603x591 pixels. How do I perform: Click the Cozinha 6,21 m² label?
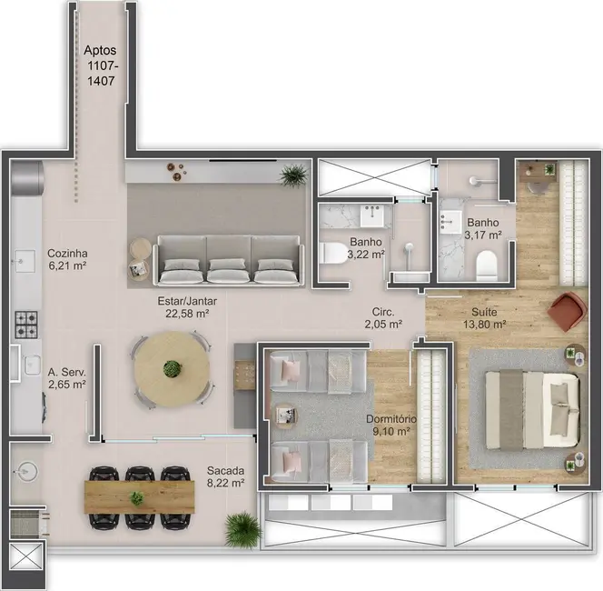point(67,260)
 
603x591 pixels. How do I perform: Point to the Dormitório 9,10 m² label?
point(391,426)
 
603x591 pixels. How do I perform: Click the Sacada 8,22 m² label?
point(224,477)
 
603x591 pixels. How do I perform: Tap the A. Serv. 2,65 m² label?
point(67,378)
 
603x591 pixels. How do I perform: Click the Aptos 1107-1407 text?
point(101,66)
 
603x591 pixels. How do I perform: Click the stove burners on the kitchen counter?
point(26,321)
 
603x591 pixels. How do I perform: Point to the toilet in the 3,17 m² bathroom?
point(487,262)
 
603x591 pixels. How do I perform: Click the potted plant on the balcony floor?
point(242,527)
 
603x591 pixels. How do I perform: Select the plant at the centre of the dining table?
point(171,368)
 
